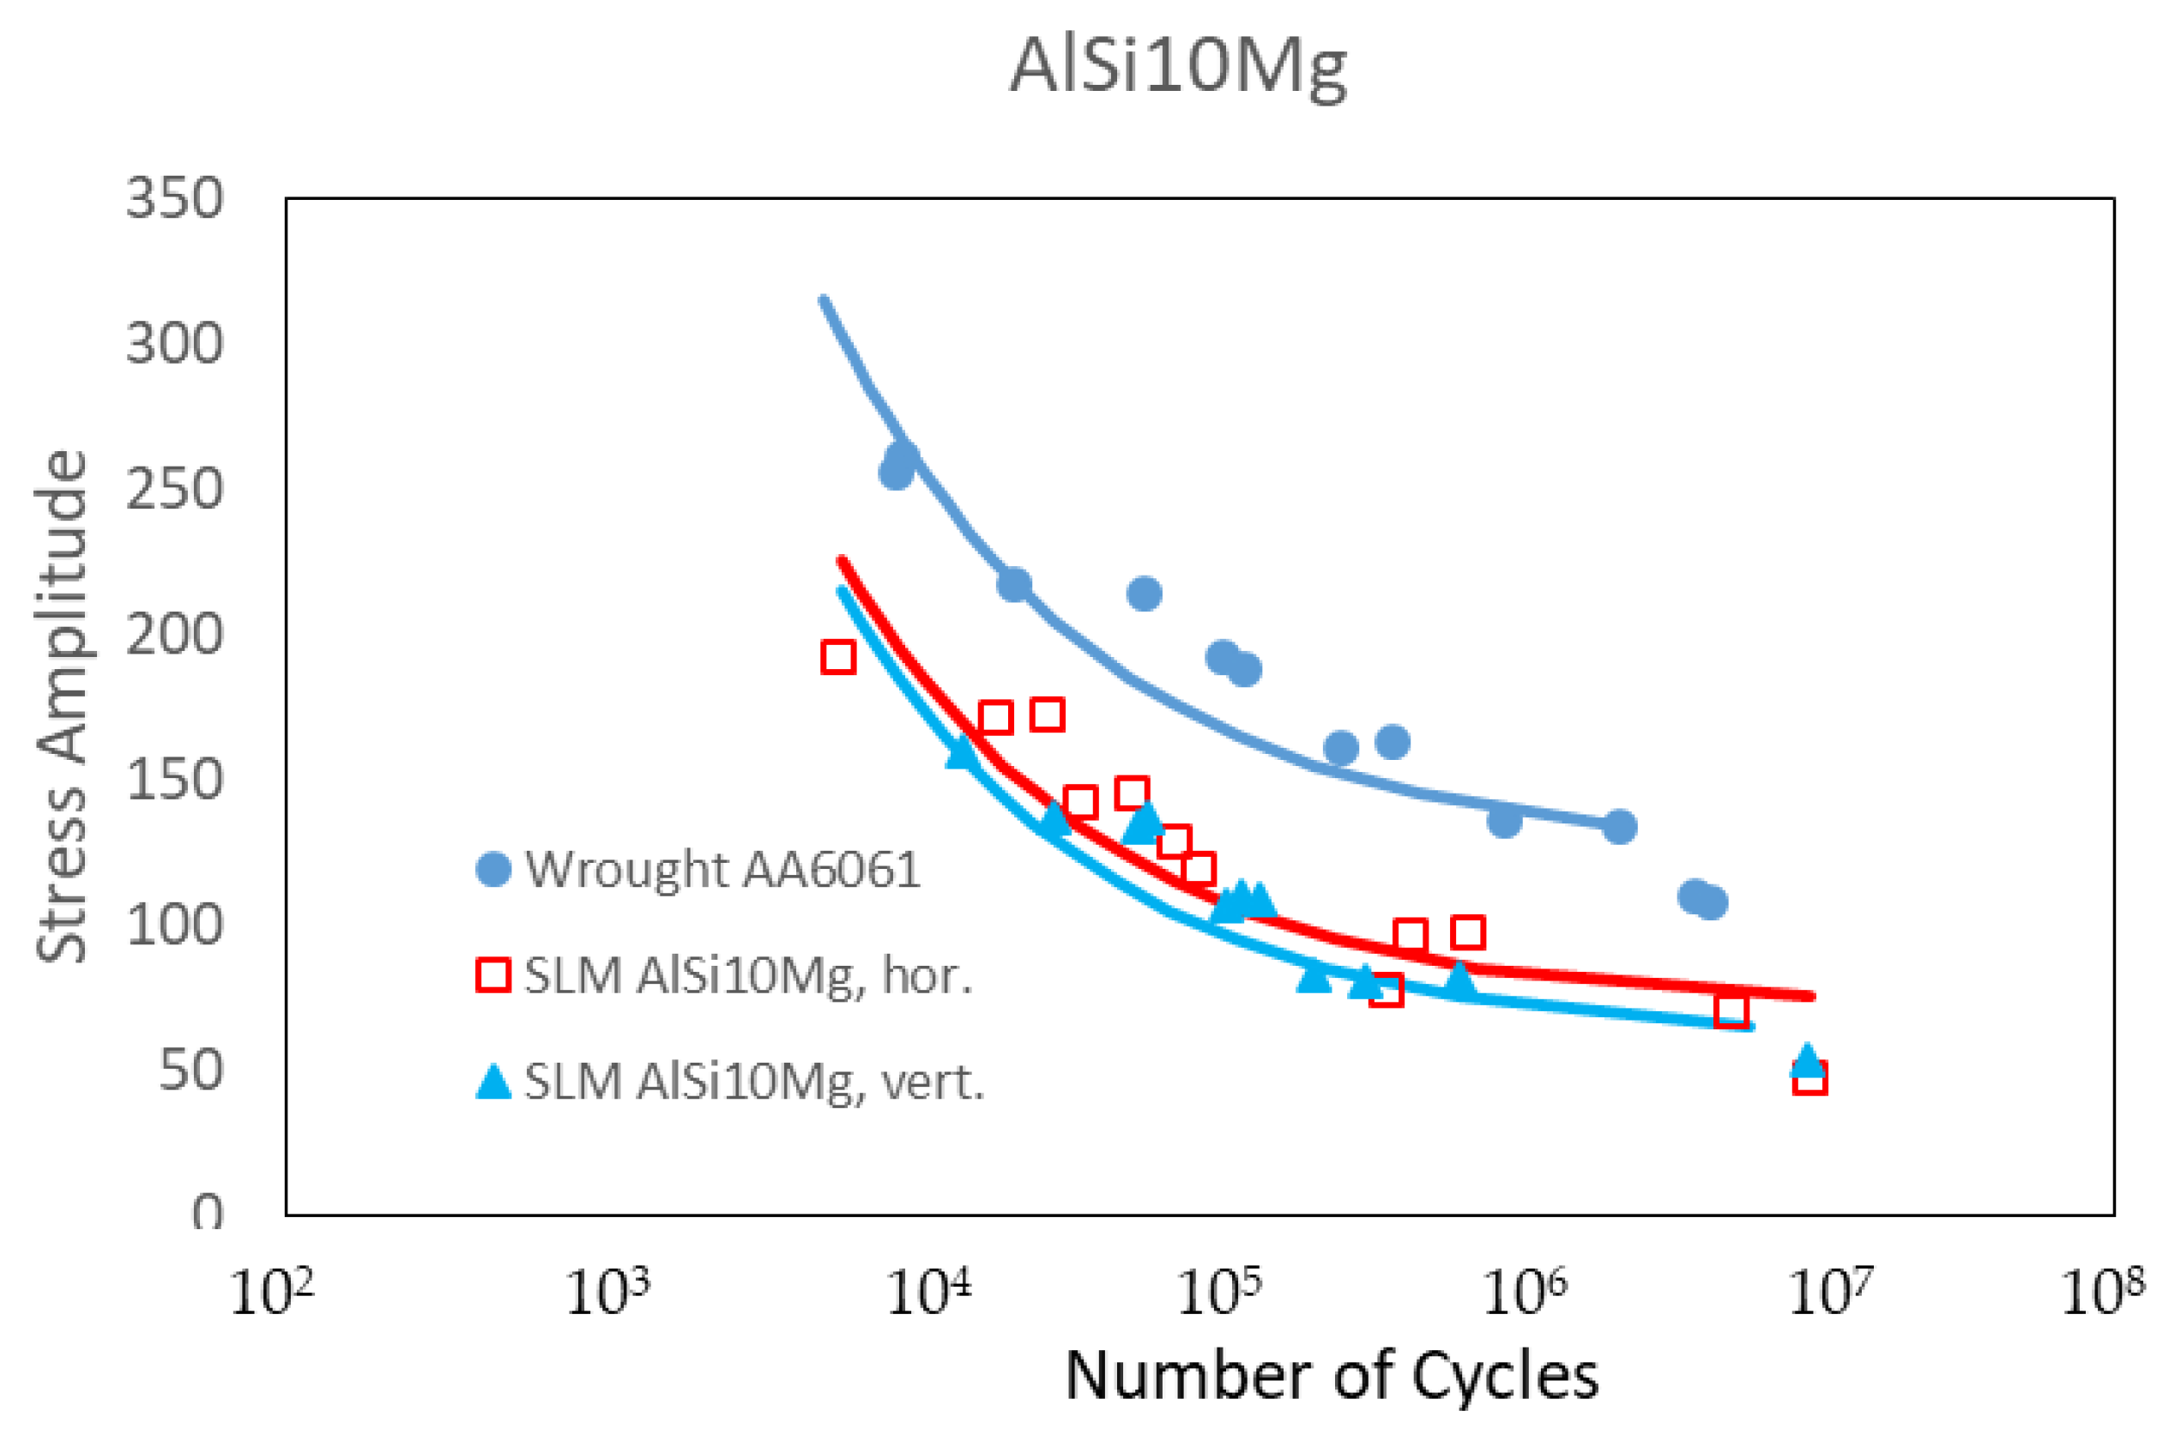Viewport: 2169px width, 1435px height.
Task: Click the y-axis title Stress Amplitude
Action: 63,706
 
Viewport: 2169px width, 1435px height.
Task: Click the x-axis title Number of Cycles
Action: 1332,1375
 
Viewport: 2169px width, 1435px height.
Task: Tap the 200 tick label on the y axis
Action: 174,633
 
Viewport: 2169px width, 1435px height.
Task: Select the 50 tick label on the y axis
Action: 190,1069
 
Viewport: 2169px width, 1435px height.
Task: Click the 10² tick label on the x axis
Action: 272,1293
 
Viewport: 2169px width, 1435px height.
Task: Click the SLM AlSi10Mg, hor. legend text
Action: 746,975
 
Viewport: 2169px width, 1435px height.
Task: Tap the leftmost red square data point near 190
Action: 838,657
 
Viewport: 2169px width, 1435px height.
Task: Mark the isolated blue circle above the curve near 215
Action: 1144,594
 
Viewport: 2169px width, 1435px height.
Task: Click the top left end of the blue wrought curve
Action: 823,300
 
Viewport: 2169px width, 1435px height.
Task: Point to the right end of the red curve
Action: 1810,996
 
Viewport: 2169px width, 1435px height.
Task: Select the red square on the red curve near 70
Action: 1731,1010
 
